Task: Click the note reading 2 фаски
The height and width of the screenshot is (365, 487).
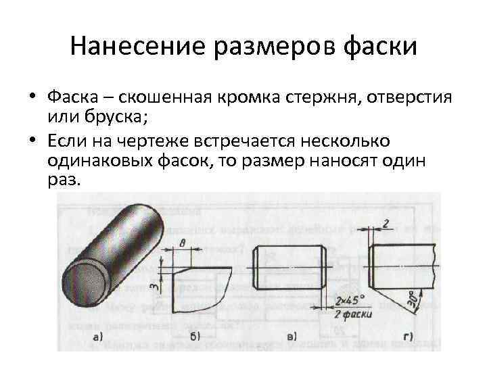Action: click(349, 314)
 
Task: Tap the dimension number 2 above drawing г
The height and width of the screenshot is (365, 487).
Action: click(385, 223)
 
